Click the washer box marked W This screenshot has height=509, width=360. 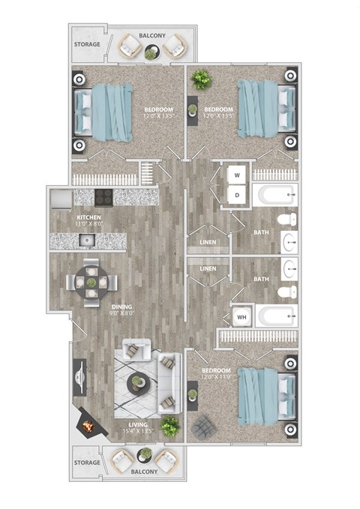coord(238,175)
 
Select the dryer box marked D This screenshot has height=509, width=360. coord(238,195)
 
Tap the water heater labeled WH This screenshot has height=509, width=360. coord(241,316)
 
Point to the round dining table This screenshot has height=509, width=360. coord(91,283)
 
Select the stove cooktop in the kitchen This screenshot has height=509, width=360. coord(103,197)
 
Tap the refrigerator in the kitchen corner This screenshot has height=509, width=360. coord(61,198)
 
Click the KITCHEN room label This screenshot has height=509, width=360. coord(67,218)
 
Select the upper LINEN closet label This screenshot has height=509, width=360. coord(208,243)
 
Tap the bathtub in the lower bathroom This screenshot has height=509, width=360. coord(276,315)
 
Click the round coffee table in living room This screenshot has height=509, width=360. coord(138,383)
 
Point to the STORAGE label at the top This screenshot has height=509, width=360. coord(87,44)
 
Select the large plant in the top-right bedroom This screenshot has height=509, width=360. coord(201,79)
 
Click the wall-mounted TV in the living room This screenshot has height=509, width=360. coord(79,378)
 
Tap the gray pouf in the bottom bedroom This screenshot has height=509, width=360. coord(203,427)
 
